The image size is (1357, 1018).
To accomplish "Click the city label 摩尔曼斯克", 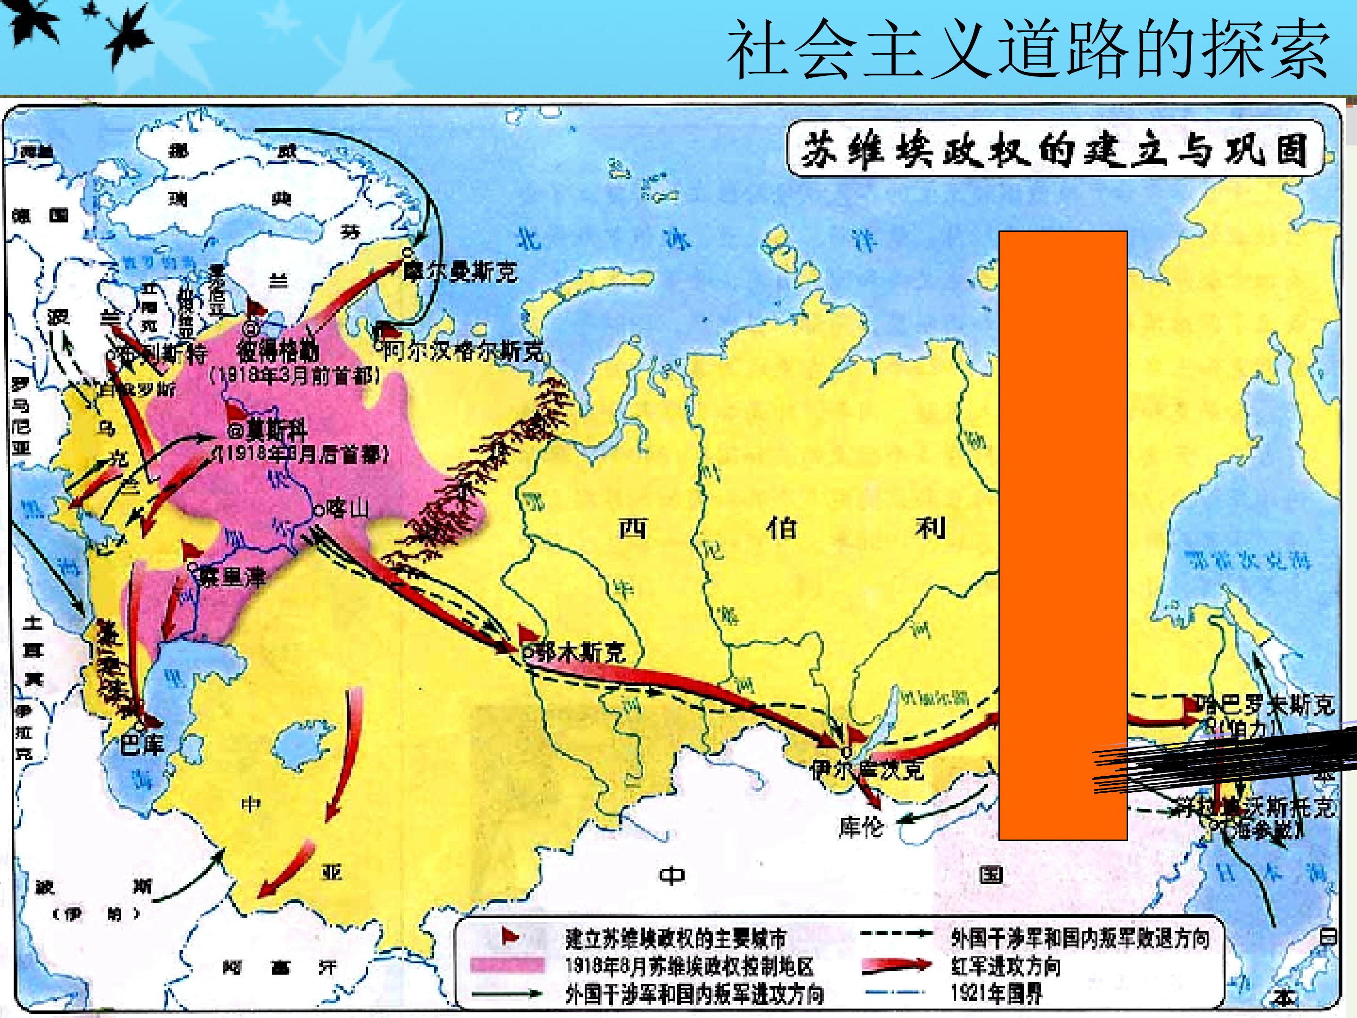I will (x=459, y=272).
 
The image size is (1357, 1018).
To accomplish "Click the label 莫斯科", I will (x=276, y=431).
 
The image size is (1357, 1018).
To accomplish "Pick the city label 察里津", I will (x=233, y=577).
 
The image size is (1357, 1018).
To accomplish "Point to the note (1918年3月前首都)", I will (x=294, y=376).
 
